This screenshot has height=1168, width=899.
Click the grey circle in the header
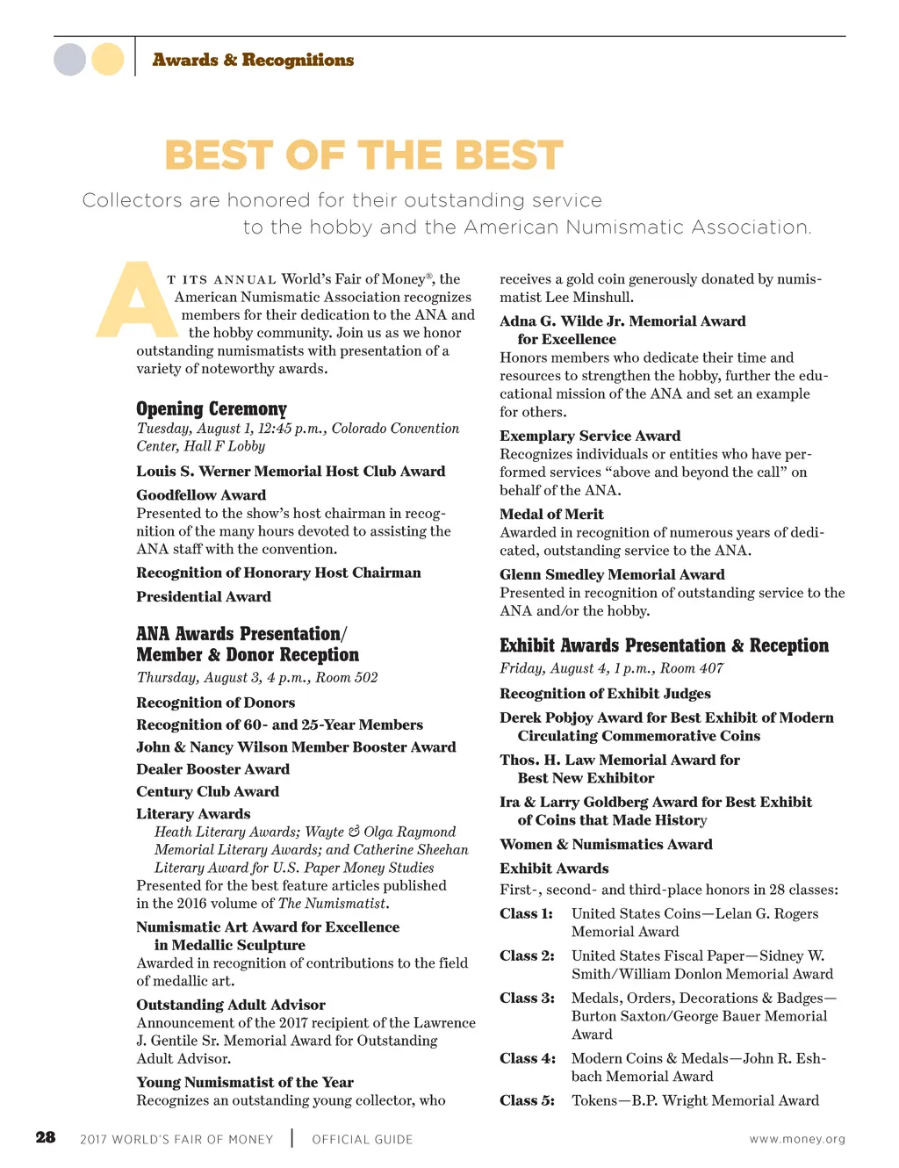[70, 60]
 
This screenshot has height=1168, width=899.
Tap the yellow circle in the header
[108, 60]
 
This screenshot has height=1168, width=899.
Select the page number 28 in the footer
[46, 1138]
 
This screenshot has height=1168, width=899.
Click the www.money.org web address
[797, 1139]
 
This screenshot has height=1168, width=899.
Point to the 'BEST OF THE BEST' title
[363, 156]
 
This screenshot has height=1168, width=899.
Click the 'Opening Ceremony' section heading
[212, 409]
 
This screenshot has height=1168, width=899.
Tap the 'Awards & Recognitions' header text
[253, 60]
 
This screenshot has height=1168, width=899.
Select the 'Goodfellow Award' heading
[201, 495]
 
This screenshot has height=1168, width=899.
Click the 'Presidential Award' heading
[204, 597]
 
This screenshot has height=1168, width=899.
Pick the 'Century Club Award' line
[207, 791]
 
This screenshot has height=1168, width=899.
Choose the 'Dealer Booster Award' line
[212, 769]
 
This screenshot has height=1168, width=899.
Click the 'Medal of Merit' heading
[551, 515]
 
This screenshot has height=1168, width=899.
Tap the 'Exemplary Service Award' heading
[590, 436]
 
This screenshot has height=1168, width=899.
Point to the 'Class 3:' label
[527, 999]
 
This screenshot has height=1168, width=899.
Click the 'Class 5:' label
[527, 1101]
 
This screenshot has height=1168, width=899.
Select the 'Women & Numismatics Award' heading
[606, 845]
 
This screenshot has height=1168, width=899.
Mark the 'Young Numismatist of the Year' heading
[245, 1083]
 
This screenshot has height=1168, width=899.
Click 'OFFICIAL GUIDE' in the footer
[363, 1140]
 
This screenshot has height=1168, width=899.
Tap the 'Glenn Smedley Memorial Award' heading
[612, 575]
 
